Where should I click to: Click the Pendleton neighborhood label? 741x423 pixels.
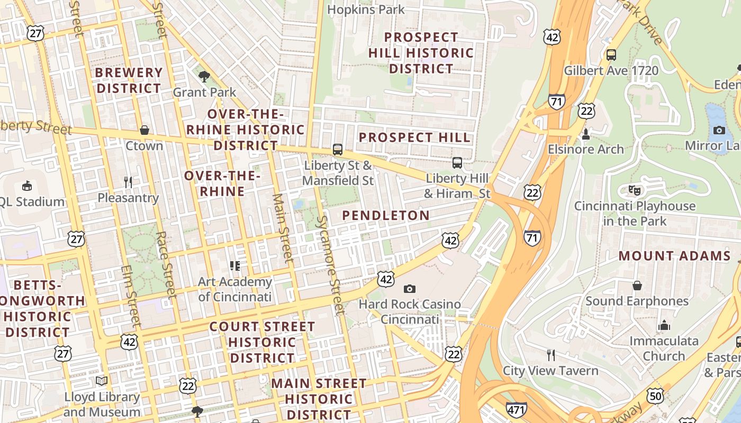pyautogui.click(x=385, y=215)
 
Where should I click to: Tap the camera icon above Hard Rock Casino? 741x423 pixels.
pyautogui.click(x=409, y=289)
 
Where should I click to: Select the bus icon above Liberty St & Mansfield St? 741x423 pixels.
pyautogui.click(x=338, y=150)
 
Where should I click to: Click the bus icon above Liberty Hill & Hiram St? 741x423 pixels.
pyautogui.click(x=457, y=163)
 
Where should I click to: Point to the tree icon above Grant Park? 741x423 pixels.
pyautogui.click(x=204, y=77)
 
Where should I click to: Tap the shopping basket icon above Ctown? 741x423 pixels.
pyautogui.click(x=144, y=130)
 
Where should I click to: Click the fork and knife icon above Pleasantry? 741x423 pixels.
pyautogui.click(x=128, y=182)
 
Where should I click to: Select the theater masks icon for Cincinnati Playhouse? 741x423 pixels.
pyautogui.click(x=635, y=190)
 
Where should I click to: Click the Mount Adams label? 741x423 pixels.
pyautogui.click(x=674, y=256)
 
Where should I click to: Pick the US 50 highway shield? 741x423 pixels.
pyautogui.click(x=655, y=395)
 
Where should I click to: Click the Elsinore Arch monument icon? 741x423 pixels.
pyautogui.click(x=586, y=134)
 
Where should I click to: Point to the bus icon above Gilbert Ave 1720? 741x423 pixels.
pyautogui.click(x=611, y=54)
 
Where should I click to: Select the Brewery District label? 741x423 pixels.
pyautogui.click(x=129, y=80)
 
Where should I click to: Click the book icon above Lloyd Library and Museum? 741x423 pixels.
pyautogui.click(x=102, y=381)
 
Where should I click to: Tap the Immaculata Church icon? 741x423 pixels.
pyautogui.click(x=664, y=325)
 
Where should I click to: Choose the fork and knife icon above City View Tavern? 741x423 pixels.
pyautogui.click(x=551, y=355)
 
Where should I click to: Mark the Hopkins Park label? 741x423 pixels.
pyautogui.click(x=366, y=9)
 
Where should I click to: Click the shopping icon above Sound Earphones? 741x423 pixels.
pyautogui.click(x=637, y=286)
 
